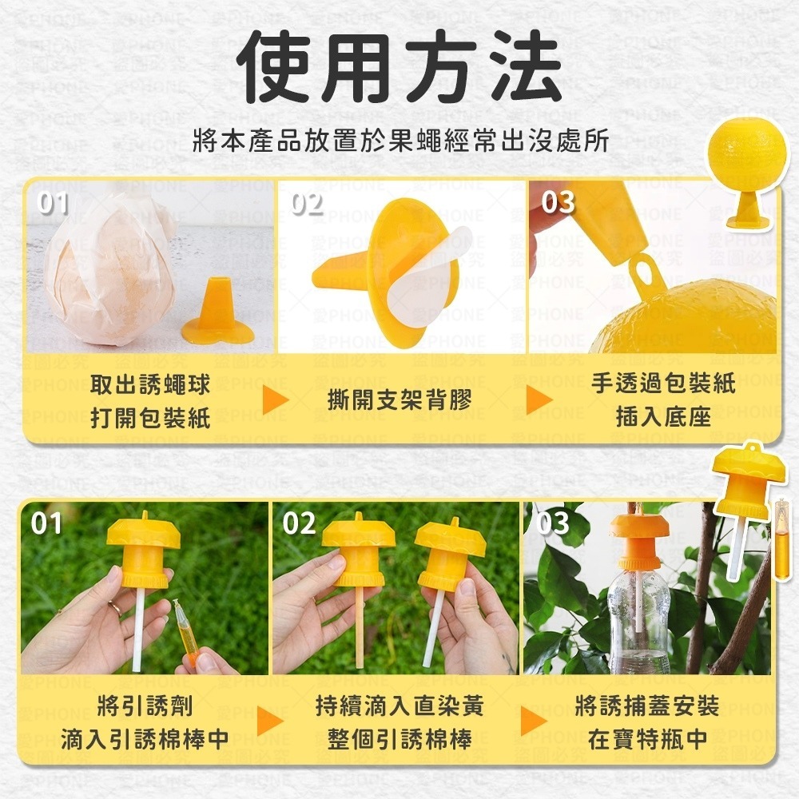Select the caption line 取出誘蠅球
[150, 384]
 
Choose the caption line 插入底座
[663, 415]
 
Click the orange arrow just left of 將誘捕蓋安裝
[533, 721]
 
